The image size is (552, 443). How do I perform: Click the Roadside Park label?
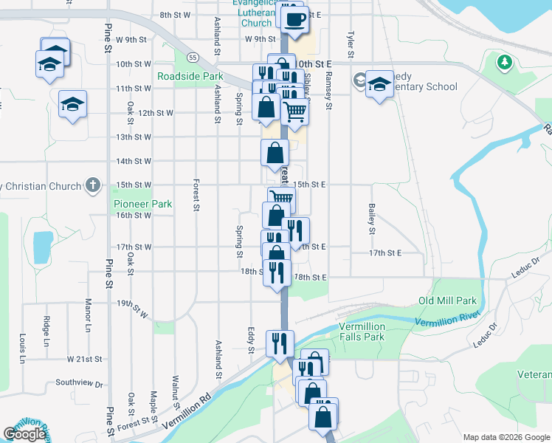[x=190, y=76]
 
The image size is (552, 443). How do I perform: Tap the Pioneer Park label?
[x=142, y=204]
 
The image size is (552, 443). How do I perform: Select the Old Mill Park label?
[x=447, y=301]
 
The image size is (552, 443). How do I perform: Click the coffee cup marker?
[x=295, y=20]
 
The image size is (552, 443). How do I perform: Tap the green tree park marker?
[x=505, y=62]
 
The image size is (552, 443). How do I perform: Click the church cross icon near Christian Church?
[x=92, y=185]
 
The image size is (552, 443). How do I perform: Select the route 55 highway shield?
[x=193, y=57]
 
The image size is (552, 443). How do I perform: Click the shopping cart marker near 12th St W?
[x=294, y=113]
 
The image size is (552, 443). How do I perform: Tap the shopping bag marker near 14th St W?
[x=275, y=154]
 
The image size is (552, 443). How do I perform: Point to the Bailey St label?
[x=372, y=219]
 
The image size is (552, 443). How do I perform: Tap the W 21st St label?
[x=83, y=359]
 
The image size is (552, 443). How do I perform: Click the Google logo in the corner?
[x=24, y=434]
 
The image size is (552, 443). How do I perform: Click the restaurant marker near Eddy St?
[x=280, y=343]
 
